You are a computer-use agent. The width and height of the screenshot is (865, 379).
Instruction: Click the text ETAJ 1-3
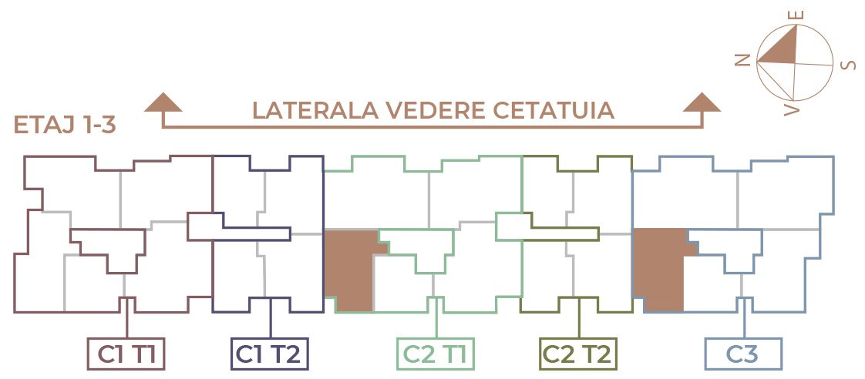65,126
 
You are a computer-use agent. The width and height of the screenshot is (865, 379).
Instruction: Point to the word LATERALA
315,111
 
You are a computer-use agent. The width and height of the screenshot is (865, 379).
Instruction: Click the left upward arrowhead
163,102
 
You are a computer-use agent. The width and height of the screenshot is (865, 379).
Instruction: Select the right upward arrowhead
702,102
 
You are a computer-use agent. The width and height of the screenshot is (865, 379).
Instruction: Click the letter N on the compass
744,60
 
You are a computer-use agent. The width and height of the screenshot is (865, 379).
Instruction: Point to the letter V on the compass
792,109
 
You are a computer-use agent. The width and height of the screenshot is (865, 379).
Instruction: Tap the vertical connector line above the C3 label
744,318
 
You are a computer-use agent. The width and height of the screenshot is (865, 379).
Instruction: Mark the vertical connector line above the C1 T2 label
271,318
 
